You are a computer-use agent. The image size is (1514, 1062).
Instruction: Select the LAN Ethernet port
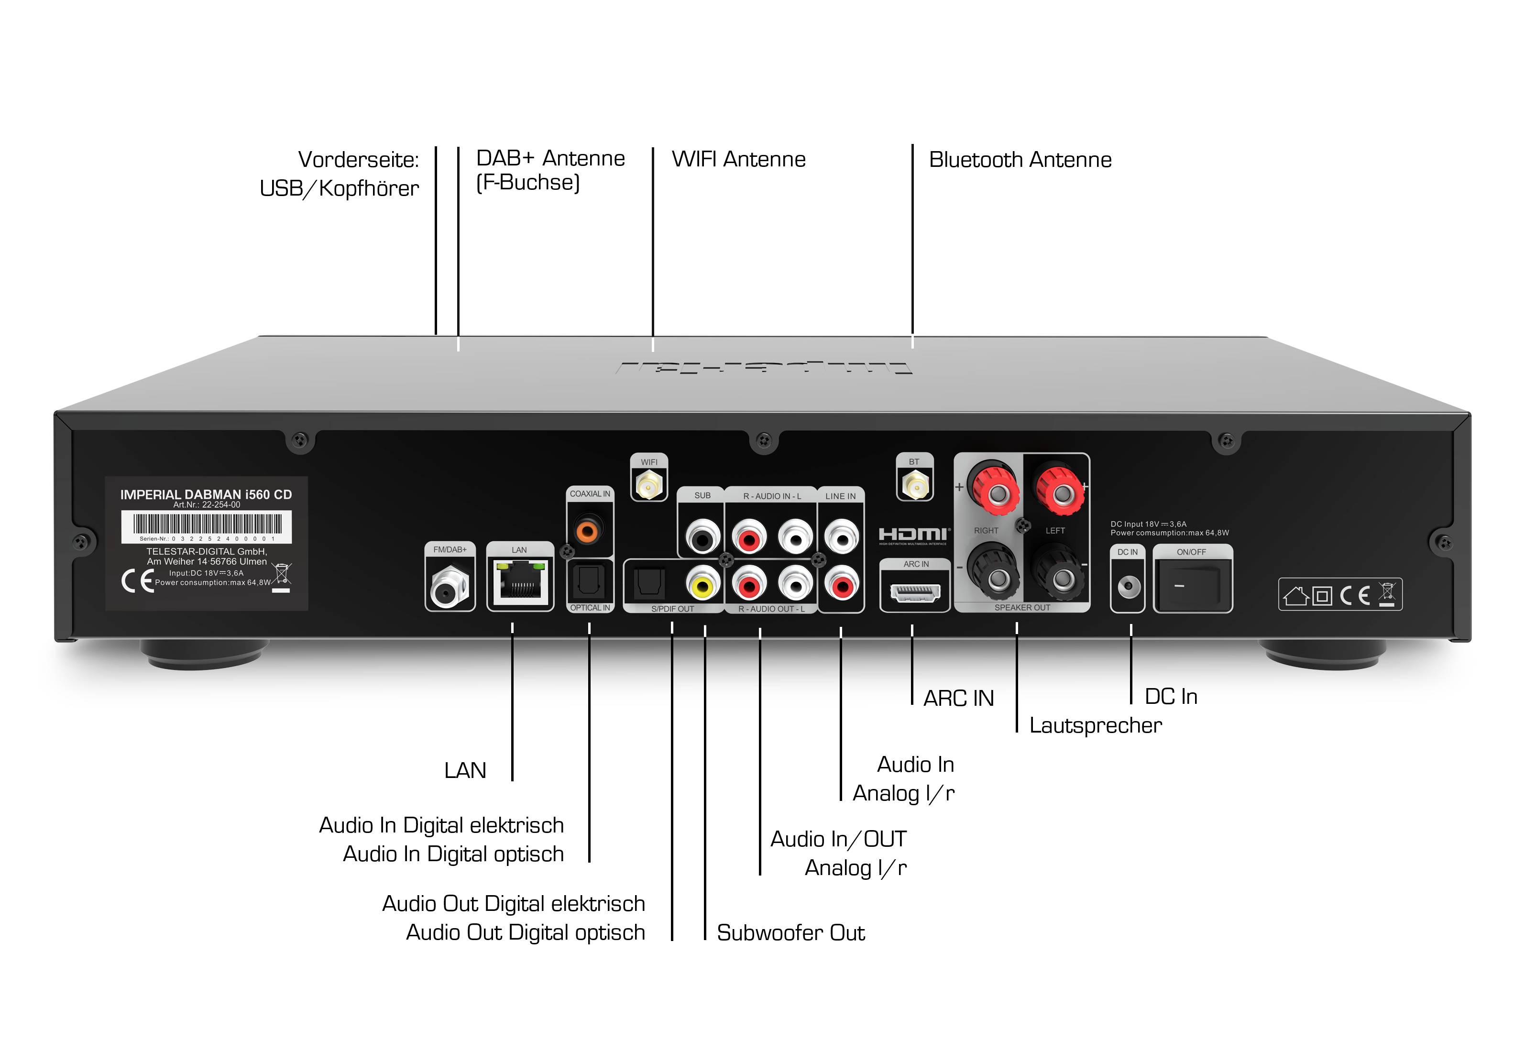tap(520, 581)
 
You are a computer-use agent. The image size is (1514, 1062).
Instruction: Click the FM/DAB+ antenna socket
tap(449, 587)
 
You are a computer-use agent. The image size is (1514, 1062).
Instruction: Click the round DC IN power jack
tap(1128, 585)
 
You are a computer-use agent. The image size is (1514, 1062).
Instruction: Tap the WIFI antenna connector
tap(649, 486)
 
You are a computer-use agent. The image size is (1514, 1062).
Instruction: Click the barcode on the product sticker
tap(207, 524)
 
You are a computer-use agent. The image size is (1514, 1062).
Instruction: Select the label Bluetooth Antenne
tap(1020, 160)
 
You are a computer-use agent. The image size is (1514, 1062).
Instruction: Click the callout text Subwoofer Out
tap(790, 933)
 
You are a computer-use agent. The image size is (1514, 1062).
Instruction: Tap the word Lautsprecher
tap(1095, 725)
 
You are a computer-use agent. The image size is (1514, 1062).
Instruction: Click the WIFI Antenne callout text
tap(738, 160)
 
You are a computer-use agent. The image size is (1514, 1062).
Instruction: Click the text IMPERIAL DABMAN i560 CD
tap(206, 494)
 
